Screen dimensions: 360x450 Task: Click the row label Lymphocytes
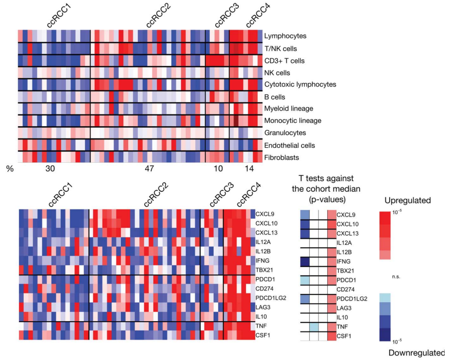pyautogui.click(x=285, y=36)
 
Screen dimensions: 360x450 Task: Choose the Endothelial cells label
pyautogui.click(x=289, y=145)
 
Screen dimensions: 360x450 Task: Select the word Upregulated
pyautogui.click(x=407, y=200)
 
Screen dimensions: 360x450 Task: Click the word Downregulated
pyautogui.click(x=417, y=353)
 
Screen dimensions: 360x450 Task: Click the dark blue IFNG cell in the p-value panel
pyautogui.click(x=305, y=261)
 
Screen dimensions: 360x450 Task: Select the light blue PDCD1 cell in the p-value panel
pyautogui.click(x=305, y=280)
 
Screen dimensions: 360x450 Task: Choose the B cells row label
pyautogui.click(x=274, y=97)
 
